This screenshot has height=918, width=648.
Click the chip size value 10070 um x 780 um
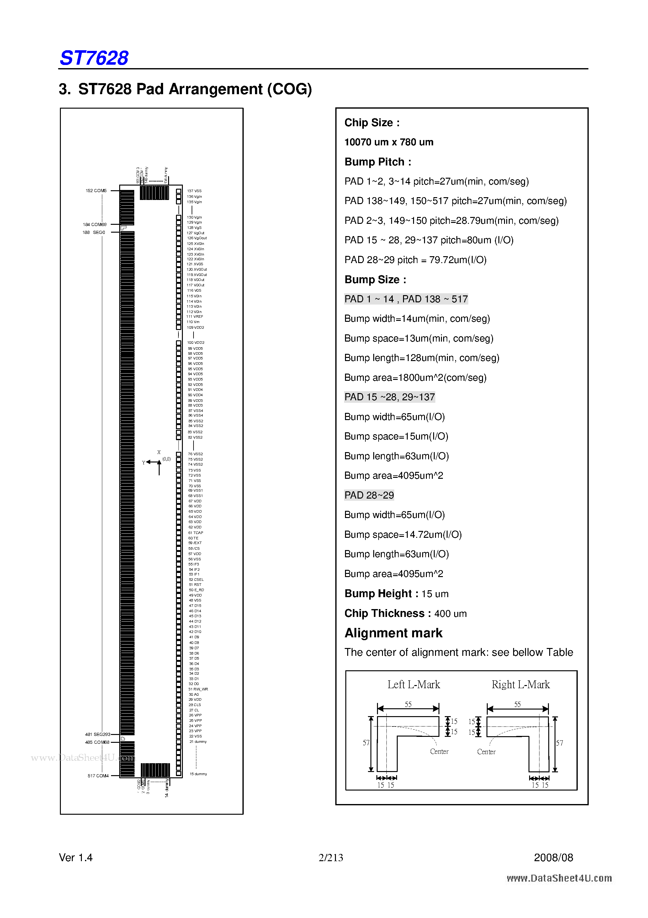click(389, 142)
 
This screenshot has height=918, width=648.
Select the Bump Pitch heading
click(378, 162)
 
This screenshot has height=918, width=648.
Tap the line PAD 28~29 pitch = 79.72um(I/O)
click(415, 260)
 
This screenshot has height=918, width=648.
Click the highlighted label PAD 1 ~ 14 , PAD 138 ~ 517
click(406, 299)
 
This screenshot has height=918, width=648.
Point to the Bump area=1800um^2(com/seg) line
click(415, 378)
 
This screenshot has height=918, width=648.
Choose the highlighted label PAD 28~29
click(369, 495)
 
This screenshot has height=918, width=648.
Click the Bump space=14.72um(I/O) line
click(403, 535)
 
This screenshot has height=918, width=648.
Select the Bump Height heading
click(381, 594)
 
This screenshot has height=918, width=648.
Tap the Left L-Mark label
click(413, 684)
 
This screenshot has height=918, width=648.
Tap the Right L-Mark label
click(521, 684)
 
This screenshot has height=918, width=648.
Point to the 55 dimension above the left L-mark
click(408, 705)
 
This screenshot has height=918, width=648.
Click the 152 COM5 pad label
click(96, 191)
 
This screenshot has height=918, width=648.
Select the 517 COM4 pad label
click(98, 776)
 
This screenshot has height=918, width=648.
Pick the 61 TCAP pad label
click(196, 532)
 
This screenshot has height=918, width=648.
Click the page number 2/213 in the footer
click(331, 858)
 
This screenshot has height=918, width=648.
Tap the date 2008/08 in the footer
click(553, 858)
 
